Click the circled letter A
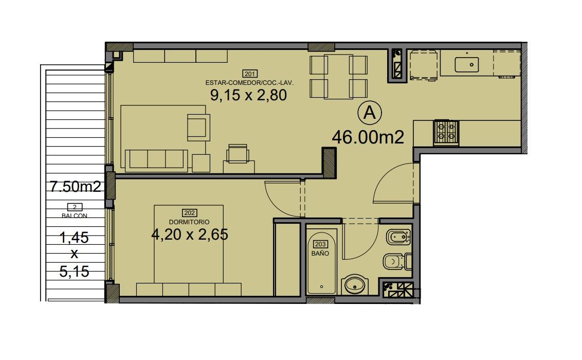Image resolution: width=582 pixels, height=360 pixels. click(x=369, y=113)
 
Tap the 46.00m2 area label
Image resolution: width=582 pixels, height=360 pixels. click(x=368, y=137)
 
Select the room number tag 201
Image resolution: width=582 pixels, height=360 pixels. click(x=249, y=74)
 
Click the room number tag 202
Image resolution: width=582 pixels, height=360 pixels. click(x=190, y=213)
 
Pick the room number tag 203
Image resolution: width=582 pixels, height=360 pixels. click(x=320, y=244)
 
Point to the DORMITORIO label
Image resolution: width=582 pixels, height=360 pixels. click(x=189, y=222)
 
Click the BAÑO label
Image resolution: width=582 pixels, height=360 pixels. click(x=320, y=253)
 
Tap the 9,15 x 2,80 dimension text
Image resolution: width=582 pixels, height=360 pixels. click(x=248, y=95)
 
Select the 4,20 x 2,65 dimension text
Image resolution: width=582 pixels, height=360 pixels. click(x=190, y=234)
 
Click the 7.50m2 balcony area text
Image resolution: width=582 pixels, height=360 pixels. click(x=76, y=186)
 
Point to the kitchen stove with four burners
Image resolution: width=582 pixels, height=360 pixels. click(x=446, y=133)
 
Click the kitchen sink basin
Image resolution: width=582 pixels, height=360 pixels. click(x=466, y=65)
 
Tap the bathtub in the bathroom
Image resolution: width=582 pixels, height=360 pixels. click(x=322, y=262)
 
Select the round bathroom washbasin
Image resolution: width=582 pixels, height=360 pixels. click(x=356, y=285)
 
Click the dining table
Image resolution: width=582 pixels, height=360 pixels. click(x=338, y=77)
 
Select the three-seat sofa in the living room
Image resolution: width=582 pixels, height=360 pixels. click(x=156, y=160)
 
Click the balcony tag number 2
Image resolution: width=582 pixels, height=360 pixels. click(x=75, y=207)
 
